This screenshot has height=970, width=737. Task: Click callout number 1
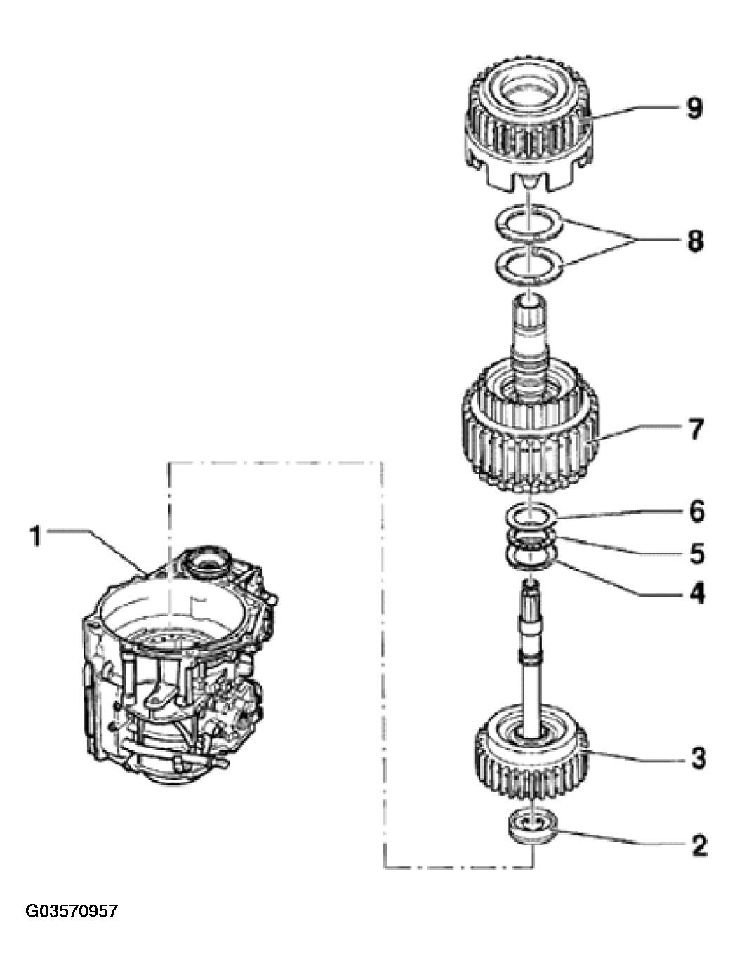36,536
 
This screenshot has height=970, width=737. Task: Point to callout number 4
697,593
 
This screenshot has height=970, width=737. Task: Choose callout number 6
697,511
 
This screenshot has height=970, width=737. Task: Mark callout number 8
696,241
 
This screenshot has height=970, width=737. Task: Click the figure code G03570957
72,912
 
